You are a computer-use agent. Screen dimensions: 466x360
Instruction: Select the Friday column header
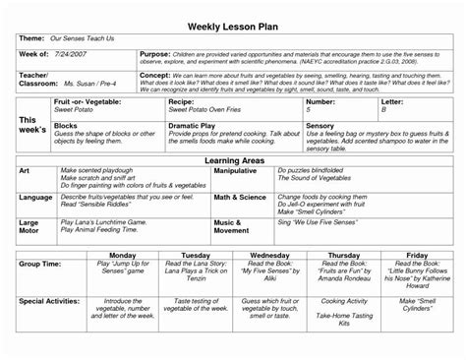tap(416, 255)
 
